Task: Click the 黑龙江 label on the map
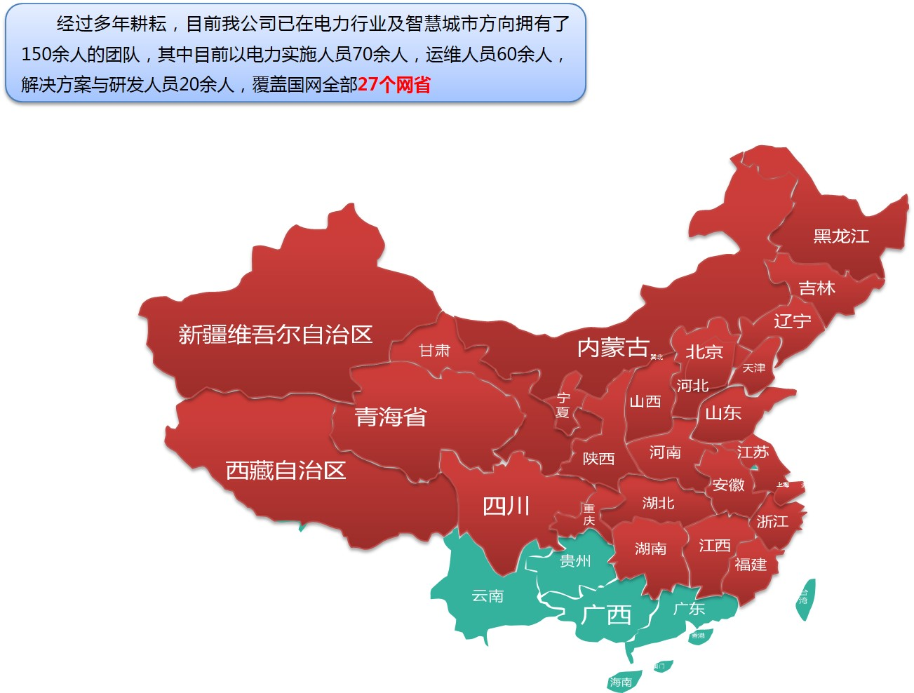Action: pyautogui.click(x=841, y=236)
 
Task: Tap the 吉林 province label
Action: pyautogui.click(x=816, y=288)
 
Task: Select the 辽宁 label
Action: pyautogui.click(x=792, y=321)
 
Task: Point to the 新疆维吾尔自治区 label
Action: pyautogui.click(x=275, y=335)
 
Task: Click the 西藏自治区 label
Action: pyautogui.click(x=285, y=470)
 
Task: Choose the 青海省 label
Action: pyautogui.click(x=390, y=417)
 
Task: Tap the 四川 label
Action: pyautogui.click(x=506, y=506)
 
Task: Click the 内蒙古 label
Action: pyautogui.click(x=613, y=347)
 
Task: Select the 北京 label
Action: pyautogui.click(x=704, y=351)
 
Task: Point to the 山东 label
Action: pyautogui.click(x=723, y=412)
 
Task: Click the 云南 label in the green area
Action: pyautogui.click(x=488, y=596)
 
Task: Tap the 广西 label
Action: pyautogui.click(x=606, y=615)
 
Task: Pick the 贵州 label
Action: pyautogui.click(x=575, y=560)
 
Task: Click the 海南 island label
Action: pyautogui.click(x=620, y=682)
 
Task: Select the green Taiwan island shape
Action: pyautogui.click(x=805, y=599)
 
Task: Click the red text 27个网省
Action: pyautogui.click(x=394, y=85)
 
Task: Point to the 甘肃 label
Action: pyautogui.click(x=434, y=350)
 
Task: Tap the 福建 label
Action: pyautogui.click(x=751, y=564)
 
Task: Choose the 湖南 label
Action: pyautogui.click(x=650, y=549)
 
